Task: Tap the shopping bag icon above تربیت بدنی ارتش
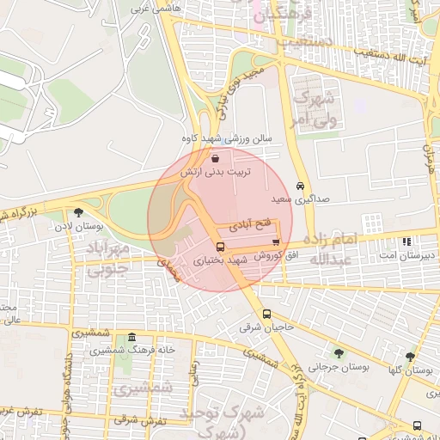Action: tap(214, 158)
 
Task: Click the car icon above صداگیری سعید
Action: tap(299, 186)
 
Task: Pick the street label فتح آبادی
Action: tap(251, 223)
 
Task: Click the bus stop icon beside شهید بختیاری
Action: tap(221, 247)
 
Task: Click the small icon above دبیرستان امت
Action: tap(406, 241)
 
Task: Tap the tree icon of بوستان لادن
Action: tap(78, 212)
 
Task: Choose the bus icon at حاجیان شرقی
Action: tap(267, 314)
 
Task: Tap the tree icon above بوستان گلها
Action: tap(410, 356)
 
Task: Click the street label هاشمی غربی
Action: tap(152, 8)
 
